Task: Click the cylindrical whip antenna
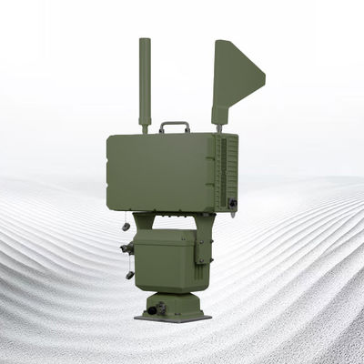[145, 82]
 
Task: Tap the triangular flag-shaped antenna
[234, 76]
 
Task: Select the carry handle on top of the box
[175, 125]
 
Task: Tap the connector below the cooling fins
[233, 203]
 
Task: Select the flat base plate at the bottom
[173, 318]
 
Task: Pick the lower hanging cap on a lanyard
[130, 274]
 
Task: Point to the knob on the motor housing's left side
[126, 248]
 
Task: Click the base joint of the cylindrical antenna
[145, 127]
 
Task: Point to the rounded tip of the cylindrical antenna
[145, 41]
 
